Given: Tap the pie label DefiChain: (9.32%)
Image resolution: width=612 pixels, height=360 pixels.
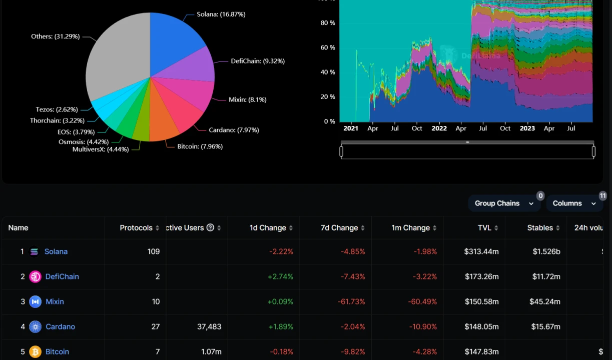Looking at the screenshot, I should click(x=257, y=61).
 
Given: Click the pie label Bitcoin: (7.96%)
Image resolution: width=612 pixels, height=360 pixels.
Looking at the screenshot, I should click(x=200, y=146).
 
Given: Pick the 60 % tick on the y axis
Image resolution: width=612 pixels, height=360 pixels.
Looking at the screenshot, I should click(x=328, y=47).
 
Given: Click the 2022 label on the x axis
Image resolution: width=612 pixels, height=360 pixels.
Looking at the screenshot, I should click(x=439, y=128).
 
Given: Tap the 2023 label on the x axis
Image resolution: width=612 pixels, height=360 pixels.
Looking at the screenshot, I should click(x=527, y=128).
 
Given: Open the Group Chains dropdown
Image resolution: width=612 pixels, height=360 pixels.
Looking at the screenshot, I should click(x=504, y=203).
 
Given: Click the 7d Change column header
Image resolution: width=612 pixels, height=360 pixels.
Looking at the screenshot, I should click(x=339, y=228).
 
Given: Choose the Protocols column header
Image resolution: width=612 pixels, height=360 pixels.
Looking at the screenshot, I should click(x=136, y=228).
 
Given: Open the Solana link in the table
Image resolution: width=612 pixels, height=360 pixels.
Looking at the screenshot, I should click(x=56, y=251).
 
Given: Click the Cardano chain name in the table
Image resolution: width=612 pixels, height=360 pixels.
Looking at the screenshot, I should click(x=60, y=326).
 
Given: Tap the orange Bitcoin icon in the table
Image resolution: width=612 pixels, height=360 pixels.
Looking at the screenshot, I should click(x=35, y=351).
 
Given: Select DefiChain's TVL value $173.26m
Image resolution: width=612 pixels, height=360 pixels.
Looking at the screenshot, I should click(x=481, y=276).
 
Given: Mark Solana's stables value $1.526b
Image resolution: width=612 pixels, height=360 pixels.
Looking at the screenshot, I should click(x=546, y=251).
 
